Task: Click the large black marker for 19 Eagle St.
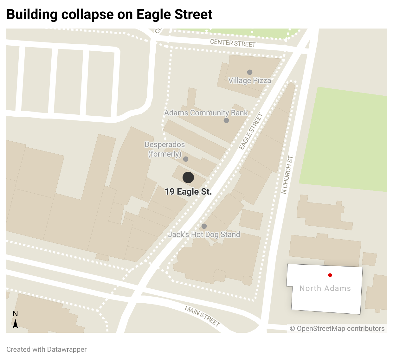click(x=188, y=177)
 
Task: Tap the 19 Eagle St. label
click(x=188, y=192)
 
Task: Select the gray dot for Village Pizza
click(x=250, y=72)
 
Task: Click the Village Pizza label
click(x=250, y=80)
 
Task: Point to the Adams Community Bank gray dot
click(x=226, y=120)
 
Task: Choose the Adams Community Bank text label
click(x=206, y=113)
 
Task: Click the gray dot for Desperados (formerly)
click(x=186, y=159)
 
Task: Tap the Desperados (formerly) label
click(x=165, y=149)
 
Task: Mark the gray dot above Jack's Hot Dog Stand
click(x=204, y=226)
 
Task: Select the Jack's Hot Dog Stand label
click(x=204, y=235)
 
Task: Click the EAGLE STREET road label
click(x=251, y=131)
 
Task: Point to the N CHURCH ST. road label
click(x=287, y=174)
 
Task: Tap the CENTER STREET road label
click(x=233, y=43)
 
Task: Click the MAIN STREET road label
click(x=203, y=316)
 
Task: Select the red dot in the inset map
click(x=330, y=275)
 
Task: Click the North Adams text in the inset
click(x=325, y=288)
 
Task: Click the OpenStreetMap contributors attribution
click(x=337, y=329)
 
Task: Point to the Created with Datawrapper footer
click(x=46, y=350)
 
